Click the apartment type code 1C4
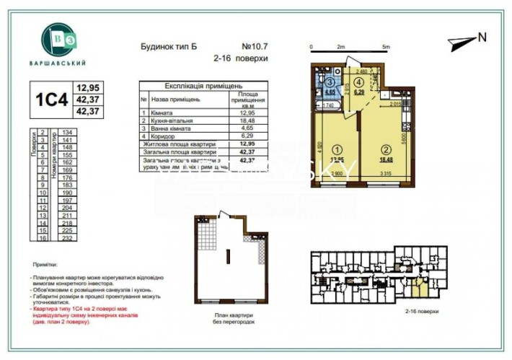tap(51, 100)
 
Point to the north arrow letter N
tap(482, 38)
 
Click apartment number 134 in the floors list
tap(69, 133)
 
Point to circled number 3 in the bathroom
tap(330, 83)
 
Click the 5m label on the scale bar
tap(387, 47)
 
